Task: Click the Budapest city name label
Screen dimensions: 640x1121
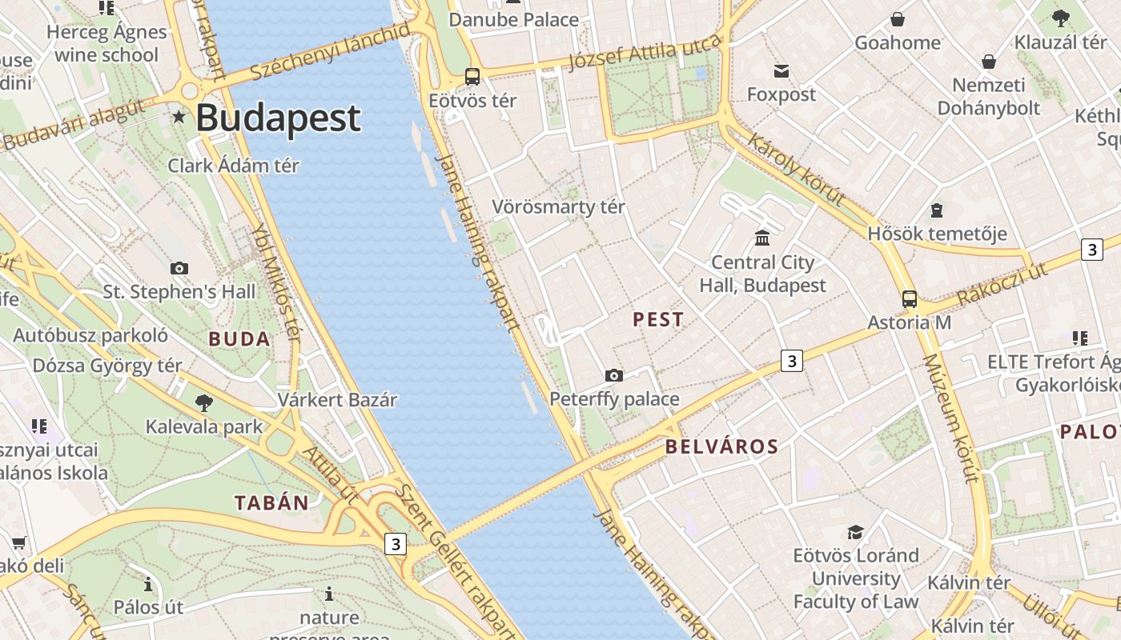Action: click(278, 118)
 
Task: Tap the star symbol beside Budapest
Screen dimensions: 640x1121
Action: click(179, 118)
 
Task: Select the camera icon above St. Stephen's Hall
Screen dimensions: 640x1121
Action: click(179, 268)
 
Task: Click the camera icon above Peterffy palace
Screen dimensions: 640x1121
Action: click(614, 375)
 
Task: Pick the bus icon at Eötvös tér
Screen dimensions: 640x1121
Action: click(472, 77)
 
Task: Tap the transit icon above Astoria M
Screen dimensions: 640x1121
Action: click(910, 299)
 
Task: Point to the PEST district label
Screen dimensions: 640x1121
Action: click(658, 320)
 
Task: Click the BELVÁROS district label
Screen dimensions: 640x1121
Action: click(721, 447)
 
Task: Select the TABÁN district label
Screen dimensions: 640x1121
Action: click(271, 503)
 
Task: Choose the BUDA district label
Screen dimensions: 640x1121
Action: click(239, 339)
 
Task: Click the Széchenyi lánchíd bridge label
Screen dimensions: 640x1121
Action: click(331, 52)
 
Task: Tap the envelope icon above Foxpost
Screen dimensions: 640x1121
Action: click(781, 71)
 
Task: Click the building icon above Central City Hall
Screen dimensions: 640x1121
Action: click(762, 238)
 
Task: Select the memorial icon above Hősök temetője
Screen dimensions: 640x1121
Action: click(937, 210)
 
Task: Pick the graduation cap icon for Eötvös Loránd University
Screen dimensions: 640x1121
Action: click(855, 532)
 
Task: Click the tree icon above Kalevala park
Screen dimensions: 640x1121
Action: click(204, 402)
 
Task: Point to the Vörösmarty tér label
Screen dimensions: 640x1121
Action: click(558, 206)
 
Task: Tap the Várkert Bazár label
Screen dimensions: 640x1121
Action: click(337, 399)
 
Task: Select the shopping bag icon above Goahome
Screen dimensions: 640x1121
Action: click(898, 19)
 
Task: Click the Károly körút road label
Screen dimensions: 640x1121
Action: click(796, 170)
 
